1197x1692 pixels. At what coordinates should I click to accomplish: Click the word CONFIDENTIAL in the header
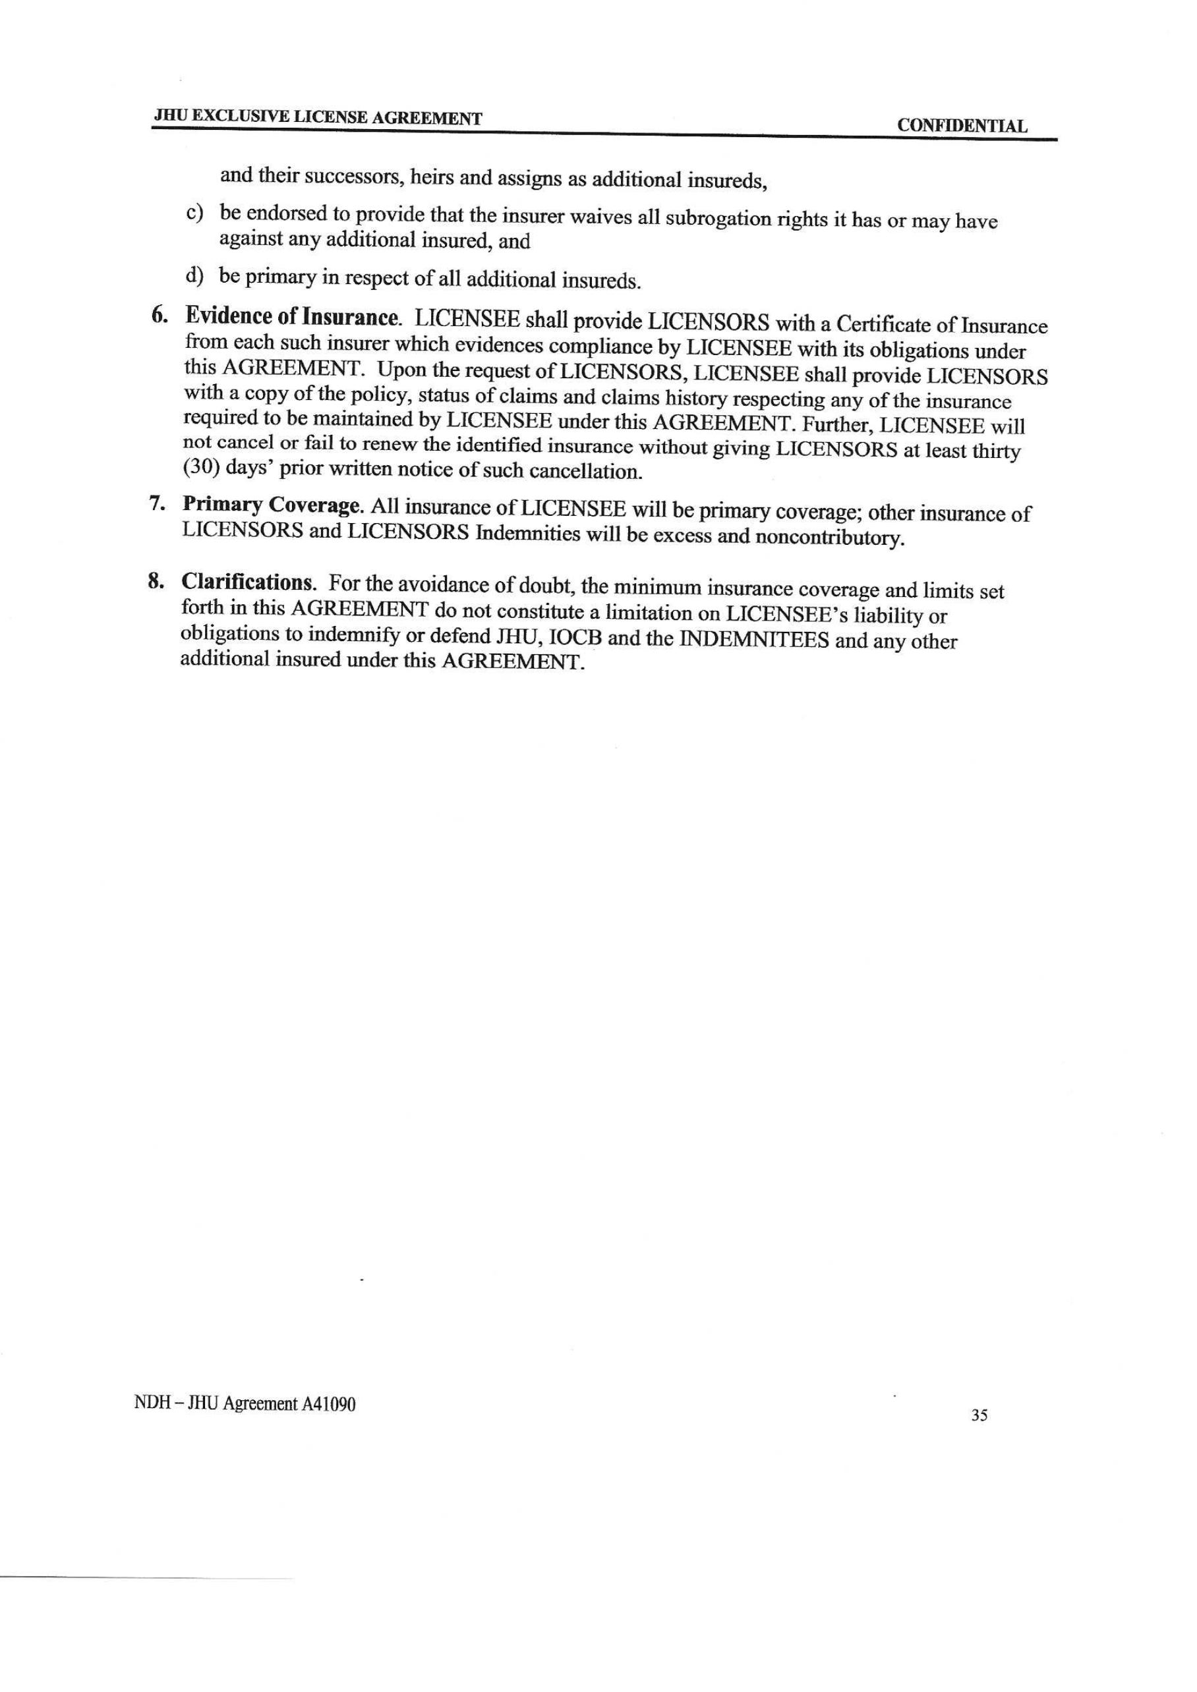point(961,126)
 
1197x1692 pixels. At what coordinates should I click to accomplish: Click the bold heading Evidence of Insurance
point(293,318)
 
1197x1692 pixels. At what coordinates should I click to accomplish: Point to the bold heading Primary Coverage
point(273,505)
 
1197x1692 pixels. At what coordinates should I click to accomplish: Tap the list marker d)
point(194,275)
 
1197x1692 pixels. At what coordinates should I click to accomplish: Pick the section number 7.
point(156,504)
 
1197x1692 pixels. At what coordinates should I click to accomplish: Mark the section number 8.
point(155,581)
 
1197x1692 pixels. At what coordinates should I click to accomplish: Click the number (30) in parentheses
point(200,468)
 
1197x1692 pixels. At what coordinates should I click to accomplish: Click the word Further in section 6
point(836,425)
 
